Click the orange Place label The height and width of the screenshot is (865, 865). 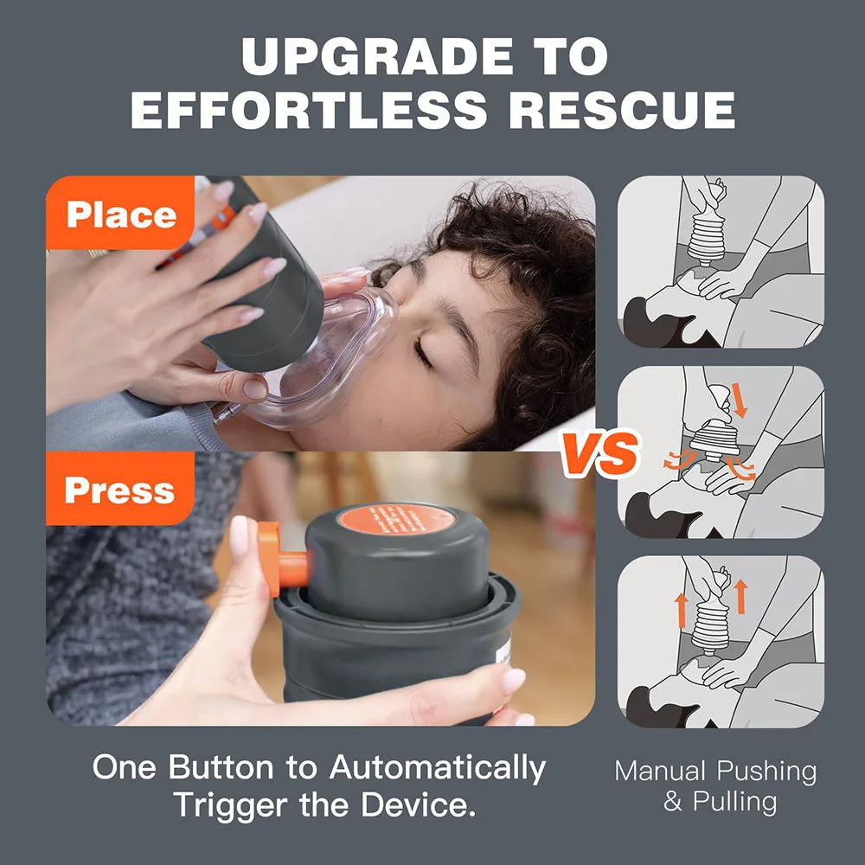[x=120, y=215]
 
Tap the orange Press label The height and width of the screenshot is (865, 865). [x=119, y=490]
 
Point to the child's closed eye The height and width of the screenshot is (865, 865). [x=424, y=350]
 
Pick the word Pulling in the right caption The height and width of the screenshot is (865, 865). [x=735, y=802]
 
